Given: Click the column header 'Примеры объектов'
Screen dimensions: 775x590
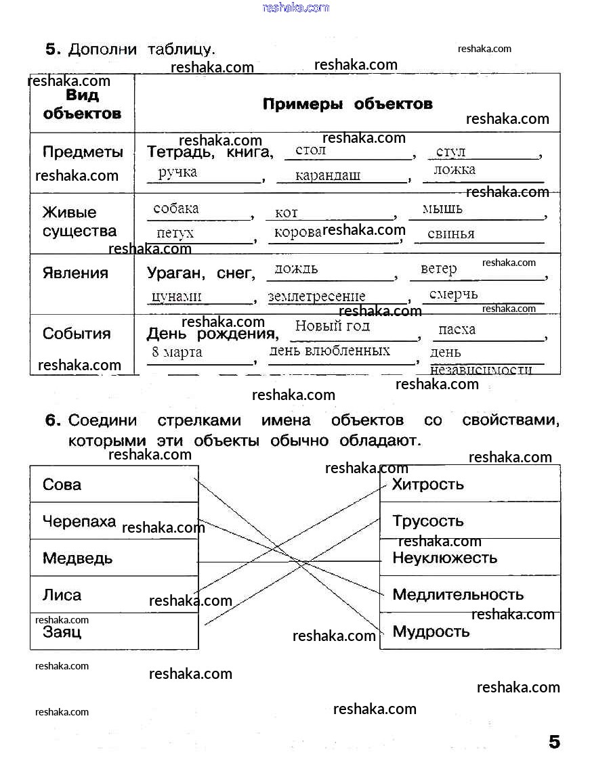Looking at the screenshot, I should pos(347,104).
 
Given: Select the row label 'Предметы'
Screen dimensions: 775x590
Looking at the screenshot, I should pos(83,152).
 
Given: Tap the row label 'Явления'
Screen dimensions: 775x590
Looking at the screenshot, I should pos(75,273).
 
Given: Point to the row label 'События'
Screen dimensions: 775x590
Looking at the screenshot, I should pos(76,334).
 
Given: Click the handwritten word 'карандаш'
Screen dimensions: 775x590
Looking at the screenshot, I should pos(328,175).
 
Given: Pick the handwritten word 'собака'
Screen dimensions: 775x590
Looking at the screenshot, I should pos(176,208).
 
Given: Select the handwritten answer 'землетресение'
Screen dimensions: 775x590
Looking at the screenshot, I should pos(316,296).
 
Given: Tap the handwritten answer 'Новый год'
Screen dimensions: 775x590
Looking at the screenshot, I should pos(333,326).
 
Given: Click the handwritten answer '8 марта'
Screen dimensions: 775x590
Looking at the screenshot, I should pos(177,352).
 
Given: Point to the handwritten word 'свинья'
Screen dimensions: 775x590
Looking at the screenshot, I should pos(451,234).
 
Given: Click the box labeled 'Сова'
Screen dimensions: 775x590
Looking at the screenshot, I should pos(114,484).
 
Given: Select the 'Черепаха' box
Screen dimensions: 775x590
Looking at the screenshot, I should pos(114,521).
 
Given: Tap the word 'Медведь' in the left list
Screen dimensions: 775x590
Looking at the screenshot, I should pos(77,558).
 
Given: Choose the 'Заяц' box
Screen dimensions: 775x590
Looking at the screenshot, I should pos(114,632).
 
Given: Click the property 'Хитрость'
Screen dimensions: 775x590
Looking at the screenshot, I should pos(428,484).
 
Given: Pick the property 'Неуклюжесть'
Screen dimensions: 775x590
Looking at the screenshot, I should pos(444,558).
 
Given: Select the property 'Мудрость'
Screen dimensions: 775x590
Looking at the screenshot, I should pos(431,632).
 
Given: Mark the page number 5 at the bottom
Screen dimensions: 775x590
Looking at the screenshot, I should pos(554,742).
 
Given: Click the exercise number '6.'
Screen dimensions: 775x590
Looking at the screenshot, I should pos(54,420).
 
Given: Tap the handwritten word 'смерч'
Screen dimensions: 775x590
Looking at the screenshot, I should pos(453,294).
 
